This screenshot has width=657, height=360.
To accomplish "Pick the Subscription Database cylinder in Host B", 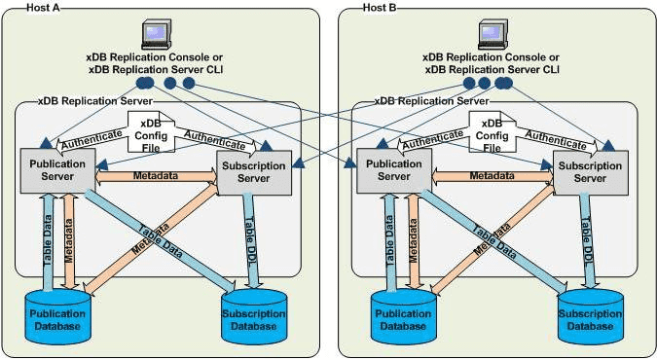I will point(588,320).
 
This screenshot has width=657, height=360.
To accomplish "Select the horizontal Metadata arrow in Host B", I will point(493,176).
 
